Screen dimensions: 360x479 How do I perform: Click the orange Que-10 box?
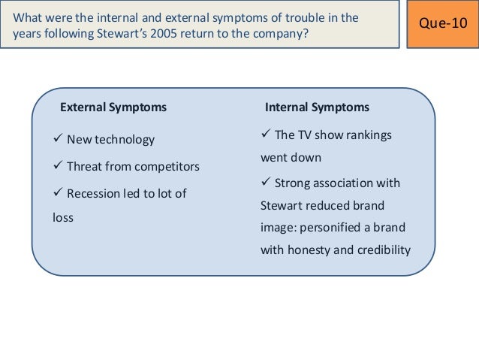(442, 24)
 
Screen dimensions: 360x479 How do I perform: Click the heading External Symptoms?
(113, 107)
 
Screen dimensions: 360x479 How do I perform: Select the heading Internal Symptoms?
(318, 107)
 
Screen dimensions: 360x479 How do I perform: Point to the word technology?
(124, 139)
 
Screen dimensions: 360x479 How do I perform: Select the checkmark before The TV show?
(265, 135)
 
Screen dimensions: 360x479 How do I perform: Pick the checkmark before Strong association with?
(265, 183)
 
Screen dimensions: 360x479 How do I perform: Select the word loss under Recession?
(57, 218)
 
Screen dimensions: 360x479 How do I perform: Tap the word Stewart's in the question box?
(116, 33)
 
